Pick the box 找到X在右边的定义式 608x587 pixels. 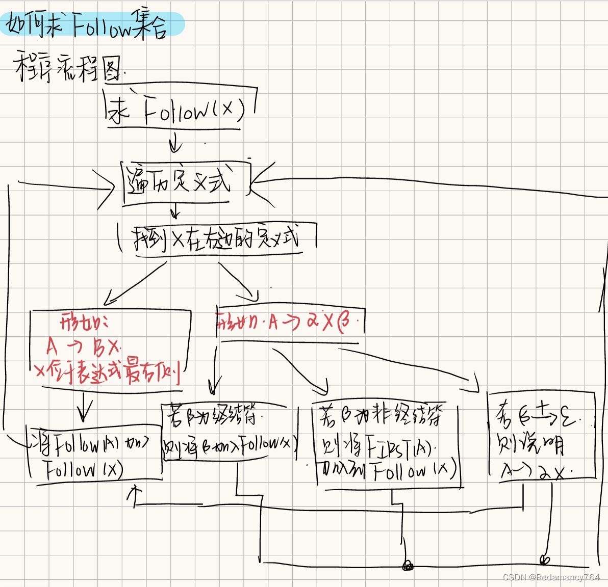(217, 238)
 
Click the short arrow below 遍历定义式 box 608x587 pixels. (176, 210)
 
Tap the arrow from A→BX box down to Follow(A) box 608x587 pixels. (85, 405)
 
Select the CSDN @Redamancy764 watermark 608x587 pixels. (551, 577)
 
